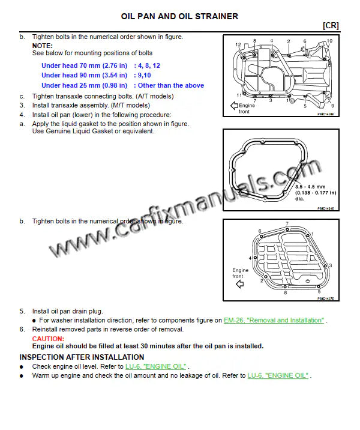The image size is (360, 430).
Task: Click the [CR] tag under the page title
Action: (331, 25)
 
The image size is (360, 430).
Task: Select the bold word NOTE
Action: (42, 46)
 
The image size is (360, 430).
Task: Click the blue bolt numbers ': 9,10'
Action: (144, 75)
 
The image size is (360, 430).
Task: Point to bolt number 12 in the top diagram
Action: (238, 44)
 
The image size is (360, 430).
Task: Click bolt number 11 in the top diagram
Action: (239, 95)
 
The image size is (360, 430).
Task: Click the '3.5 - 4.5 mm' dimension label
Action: (310, 187)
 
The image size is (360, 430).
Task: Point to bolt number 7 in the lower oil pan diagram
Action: (287, 224)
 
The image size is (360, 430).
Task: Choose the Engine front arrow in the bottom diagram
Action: (241, 285)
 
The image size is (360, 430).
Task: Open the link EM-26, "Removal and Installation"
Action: (274, 321)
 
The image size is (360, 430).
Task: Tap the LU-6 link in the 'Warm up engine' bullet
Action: (278, 375)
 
